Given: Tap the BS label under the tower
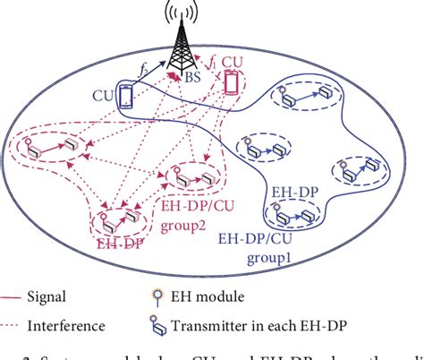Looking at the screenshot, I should (192, 79).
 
